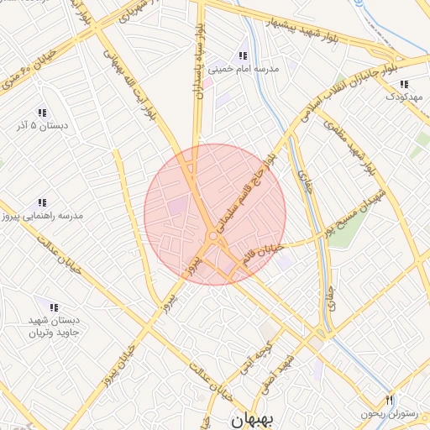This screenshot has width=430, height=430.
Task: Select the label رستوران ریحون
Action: pyautogui.click(x=388, y=412)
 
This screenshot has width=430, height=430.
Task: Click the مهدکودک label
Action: pyautogui.click(x=402, y=97)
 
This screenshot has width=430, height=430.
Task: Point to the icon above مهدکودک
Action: pyautogui.click(x=404, y=84)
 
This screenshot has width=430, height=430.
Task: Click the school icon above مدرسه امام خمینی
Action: pyautogui.click(x=244, y=55)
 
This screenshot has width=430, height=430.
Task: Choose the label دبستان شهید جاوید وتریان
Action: pyautogui.click(x=53, y=328)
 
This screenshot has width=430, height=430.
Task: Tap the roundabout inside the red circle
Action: pyautogui.click(x=214, y=239)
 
